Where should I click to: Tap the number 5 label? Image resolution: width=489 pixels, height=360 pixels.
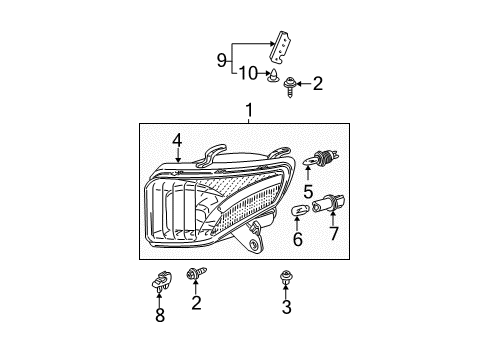click(309, 191)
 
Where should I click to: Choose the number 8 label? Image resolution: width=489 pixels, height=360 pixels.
click(159, 318)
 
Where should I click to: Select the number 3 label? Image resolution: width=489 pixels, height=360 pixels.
click(287, 308)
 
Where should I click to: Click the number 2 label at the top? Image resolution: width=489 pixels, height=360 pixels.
click(318, 85)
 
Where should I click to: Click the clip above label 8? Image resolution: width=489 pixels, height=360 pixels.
click(159, 283)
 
